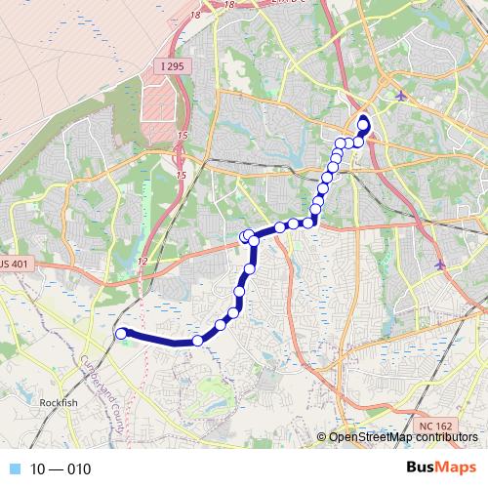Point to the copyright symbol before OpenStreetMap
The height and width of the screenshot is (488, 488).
pos(323,437)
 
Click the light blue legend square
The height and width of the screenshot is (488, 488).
pos(14,469)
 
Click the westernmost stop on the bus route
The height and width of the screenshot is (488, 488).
pos(121,334)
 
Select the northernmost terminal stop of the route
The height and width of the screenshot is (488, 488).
pos(365,122)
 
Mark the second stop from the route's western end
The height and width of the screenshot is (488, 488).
pos(198,341)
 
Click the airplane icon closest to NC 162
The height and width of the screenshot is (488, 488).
pos(440,264)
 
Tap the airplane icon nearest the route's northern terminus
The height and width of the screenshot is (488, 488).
pos(402,95)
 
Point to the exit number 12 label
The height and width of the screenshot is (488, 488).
pos(142,261)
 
